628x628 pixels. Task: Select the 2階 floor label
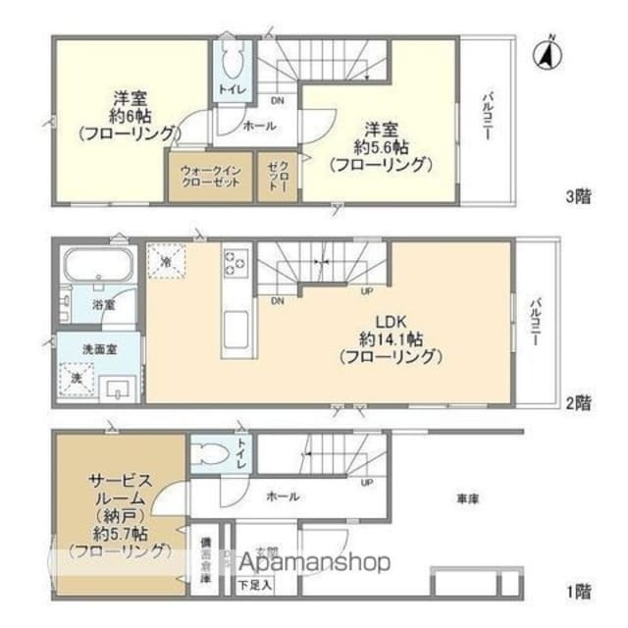coord(578,400)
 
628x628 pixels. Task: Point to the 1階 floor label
coord(578,592)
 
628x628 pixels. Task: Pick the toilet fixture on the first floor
coord(210,453)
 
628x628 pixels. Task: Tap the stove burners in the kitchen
coord(236,262)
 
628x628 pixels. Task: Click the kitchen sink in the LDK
coord(235,326)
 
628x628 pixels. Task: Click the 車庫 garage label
coord(467,497)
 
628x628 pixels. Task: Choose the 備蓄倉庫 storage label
coord(205,559)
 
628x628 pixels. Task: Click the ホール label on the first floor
coord(283,497)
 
